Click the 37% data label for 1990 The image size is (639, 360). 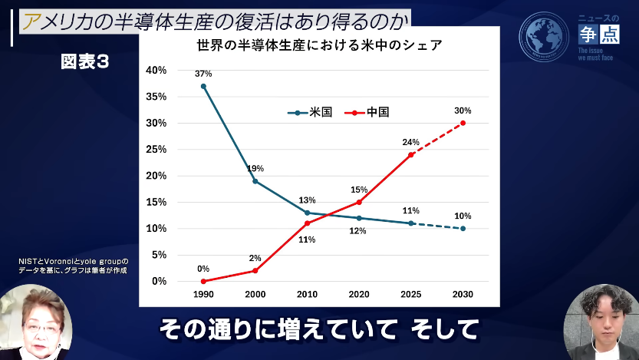[203, 74]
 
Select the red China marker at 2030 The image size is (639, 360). [463, 123]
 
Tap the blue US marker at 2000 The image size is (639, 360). [255, 181]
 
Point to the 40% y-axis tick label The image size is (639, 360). [156, 71]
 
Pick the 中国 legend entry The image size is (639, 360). [367, 112]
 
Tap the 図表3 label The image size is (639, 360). [85, 63]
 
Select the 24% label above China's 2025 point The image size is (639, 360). [411, 142]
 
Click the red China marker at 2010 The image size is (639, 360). [307, 223]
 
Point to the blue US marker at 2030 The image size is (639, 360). [463, 228]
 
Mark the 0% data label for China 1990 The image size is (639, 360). [203, 269]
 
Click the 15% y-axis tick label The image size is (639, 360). [156, 202]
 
